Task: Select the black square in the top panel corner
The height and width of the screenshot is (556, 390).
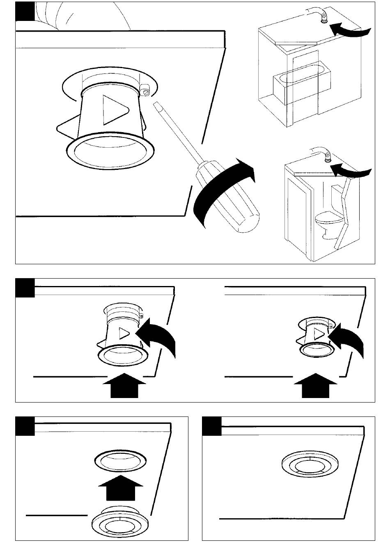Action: pyautogui.click(x=25, y=11)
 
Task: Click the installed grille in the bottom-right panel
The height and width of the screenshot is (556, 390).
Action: pyautogui.click(x=306, y=466)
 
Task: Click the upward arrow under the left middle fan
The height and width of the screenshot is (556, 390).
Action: pyautogui.click(x=124, y=386)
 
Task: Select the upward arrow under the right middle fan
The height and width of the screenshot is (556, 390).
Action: pyautogui.click(x=316, y=386)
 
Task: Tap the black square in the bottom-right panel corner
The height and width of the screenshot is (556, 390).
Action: pyautogui.click(x=212, y=426)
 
